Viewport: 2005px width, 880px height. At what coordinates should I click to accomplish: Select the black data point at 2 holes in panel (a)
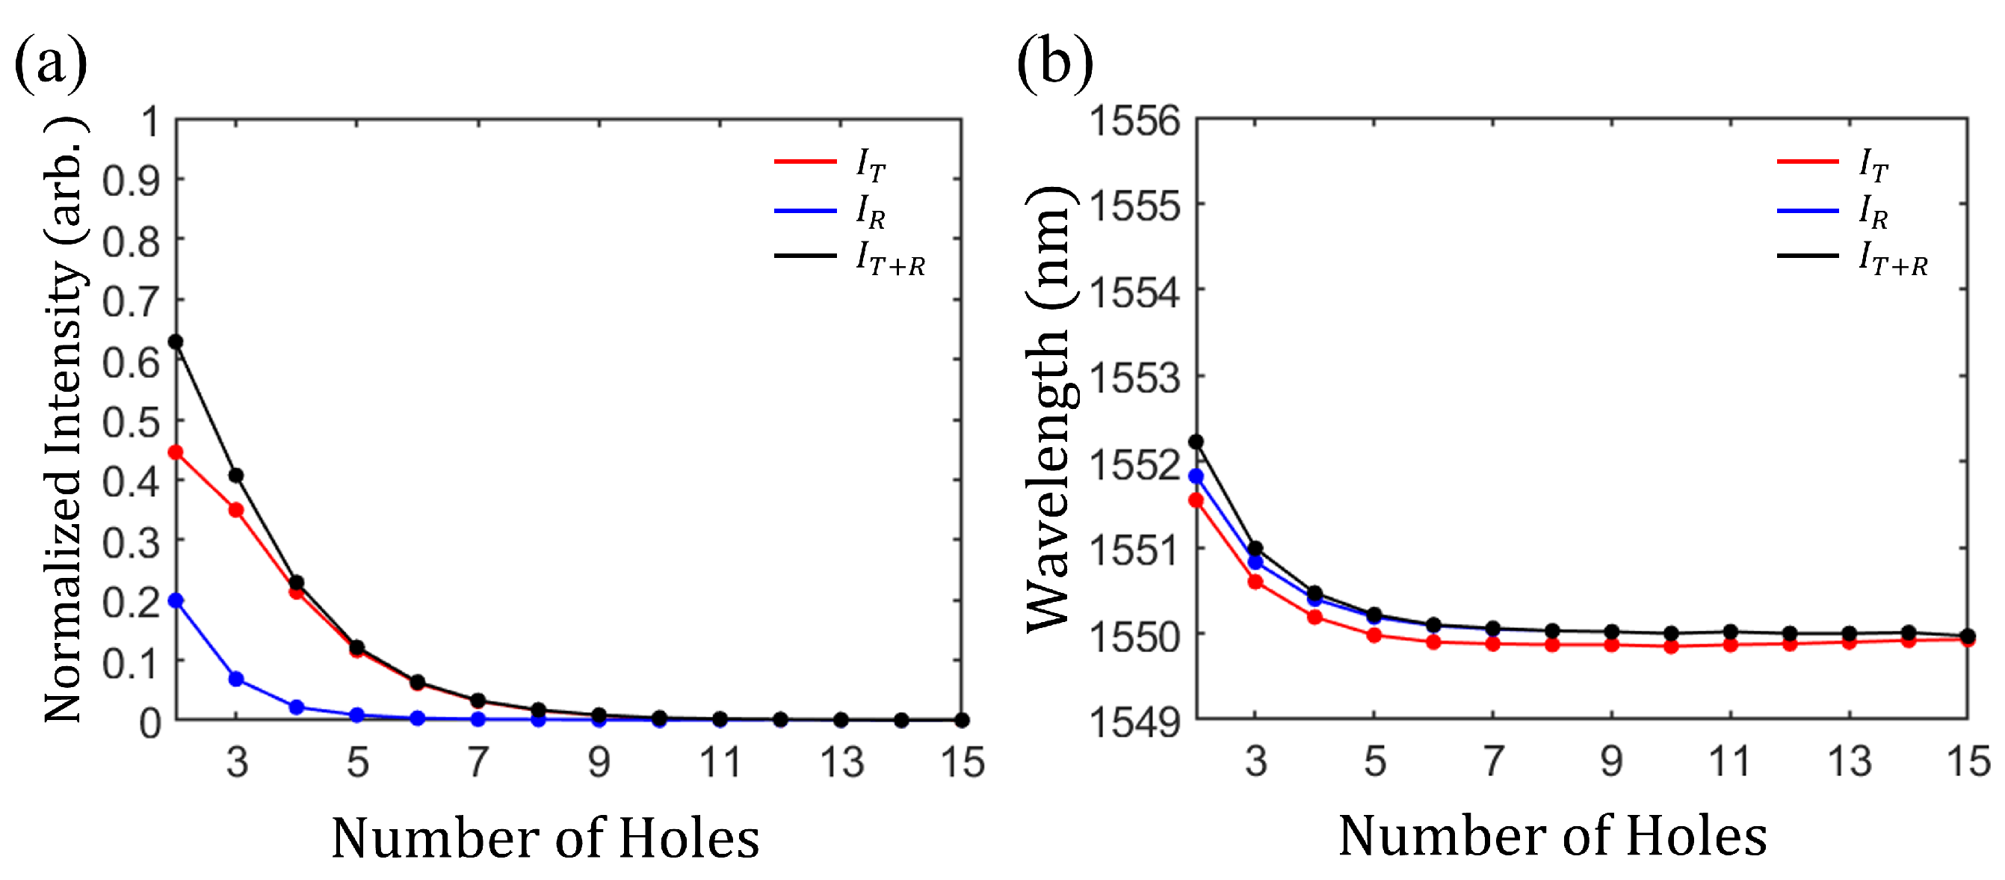176,342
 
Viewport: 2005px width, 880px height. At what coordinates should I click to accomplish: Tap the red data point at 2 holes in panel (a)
176,452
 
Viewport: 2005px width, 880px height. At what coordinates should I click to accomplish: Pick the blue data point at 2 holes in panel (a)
176,600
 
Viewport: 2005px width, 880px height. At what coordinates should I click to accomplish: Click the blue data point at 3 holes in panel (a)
236,679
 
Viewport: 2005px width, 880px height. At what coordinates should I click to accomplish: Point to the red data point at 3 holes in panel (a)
236,510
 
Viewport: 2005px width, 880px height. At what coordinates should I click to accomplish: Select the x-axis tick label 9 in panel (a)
599,762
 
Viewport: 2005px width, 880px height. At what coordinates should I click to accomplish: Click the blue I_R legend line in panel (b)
1807,210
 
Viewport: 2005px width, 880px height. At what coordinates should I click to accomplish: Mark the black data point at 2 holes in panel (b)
1196,443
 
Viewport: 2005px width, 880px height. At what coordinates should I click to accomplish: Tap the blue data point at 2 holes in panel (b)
1196,476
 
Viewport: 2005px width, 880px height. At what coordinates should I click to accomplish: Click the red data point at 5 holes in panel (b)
1374,636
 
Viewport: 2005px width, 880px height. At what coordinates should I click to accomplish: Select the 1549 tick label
1134,722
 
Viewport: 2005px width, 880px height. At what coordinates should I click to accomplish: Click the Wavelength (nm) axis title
1051,409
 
